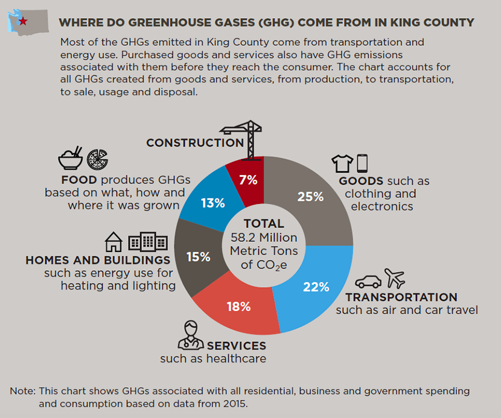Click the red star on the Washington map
tap(23, 22)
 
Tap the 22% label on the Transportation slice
tap(316, 287)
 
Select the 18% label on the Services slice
tap(238, 306)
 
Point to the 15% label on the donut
tap(199, 257)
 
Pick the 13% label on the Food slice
tap(212, 203)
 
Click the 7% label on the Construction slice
tap(248, 179)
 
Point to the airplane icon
tap(395, 279)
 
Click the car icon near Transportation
tap(368, 282)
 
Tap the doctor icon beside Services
tap(191, 337)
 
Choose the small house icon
tap(113, 242)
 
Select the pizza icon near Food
tap(97, 159)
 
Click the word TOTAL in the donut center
tap(264, 224)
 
